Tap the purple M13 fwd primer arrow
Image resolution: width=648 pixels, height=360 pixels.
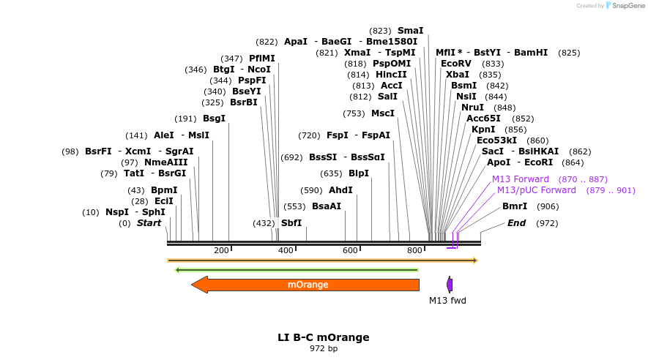450,285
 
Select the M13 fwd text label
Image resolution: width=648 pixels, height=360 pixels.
447,301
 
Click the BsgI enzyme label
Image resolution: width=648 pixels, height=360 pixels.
214,119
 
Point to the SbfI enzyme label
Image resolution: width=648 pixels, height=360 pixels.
291,223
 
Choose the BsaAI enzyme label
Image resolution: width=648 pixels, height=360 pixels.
327,206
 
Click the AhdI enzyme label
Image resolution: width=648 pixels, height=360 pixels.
341,190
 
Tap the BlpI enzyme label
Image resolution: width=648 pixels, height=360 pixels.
359,173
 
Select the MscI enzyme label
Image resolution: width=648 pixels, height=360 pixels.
383,113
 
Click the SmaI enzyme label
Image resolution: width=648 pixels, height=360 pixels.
410,31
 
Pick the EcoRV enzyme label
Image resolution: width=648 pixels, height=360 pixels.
456,64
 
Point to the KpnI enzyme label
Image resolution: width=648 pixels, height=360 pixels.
483,130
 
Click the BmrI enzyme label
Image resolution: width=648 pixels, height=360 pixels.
515,206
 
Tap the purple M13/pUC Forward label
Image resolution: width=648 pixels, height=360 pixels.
537,190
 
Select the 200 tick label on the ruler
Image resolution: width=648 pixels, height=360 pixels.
221,251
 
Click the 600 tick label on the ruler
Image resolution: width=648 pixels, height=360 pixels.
350,251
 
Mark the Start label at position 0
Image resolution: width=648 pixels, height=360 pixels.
149,223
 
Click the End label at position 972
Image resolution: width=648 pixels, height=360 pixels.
516,223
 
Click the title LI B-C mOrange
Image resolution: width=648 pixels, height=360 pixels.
324,337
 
